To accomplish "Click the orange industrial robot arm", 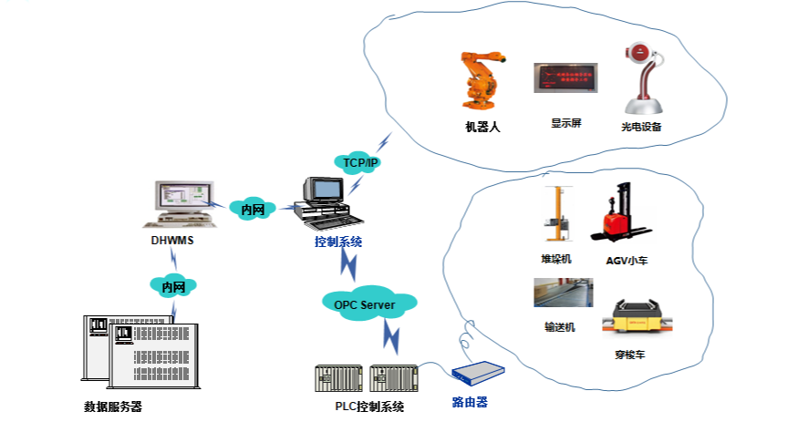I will (x=481, y=83).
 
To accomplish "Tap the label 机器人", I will (x=482, y=128).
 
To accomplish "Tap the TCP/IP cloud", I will (x=360, y=162).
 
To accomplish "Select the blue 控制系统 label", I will (x=338, y=242).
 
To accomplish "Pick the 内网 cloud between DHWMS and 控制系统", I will (x=253, y=210).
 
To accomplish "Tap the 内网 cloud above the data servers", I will (x=173, y=287).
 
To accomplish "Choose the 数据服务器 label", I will (x=113, y=407).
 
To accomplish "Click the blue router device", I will (x=477, y=375).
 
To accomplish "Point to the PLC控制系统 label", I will (x=363, y=407).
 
